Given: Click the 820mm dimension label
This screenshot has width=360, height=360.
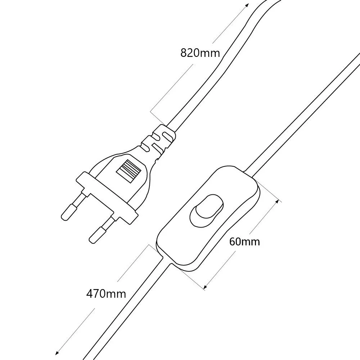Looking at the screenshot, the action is click(x=200, y=53).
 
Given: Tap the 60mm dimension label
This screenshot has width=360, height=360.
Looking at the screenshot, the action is click(x=245, y=242).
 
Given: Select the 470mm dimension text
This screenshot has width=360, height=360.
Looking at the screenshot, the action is click(x=106, y=293).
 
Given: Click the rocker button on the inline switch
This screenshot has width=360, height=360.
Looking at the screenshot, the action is click(x=206, y=211).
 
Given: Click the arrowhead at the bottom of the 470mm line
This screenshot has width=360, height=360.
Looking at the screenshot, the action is click(x=57, y=352).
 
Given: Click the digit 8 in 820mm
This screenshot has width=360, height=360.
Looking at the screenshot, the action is click(x=184, y=53).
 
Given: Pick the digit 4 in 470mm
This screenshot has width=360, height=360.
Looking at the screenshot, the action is click(x=90, y=293).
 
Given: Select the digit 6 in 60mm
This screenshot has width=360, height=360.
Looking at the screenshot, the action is click(x=233, y=242).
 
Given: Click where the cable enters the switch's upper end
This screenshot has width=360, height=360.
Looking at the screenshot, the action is click(x=249, y=173).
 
